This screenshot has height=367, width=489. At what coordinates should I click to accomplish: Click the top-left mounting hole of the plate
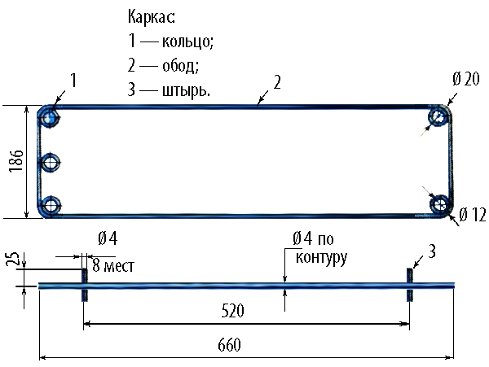coord(51,119)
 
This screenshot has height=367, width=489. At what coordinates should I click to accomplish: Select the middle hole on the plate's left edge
coord(51,163)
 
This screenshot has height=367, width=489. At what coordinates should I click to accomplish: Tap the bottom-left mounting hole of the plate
coord(51,204)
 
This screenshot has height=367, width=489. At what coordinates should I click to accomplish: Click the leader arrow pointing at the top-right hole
coord(425,132)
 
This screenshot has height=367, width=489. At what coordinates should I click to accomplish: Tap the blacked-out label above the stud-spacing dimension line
coord(233,310)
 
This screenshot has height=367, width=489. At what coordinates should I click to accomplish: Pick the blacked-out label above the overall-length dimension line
coord(230,345)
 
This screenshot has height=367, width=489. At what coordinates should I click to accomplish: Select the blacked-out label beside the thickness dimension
coord(12,260)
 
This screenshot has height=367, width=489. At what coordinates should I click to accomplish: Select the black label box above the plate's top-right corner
coord(465,79)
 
